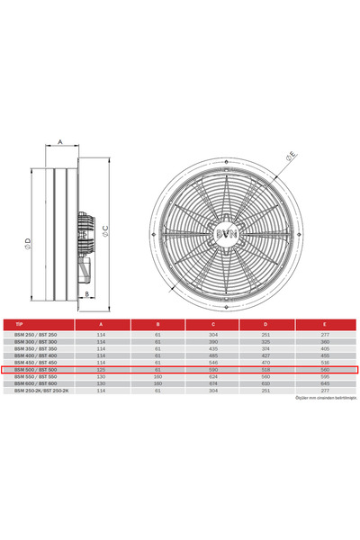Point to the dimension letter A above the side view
tap(58, 142)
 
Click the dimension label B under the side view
tap(85, 293)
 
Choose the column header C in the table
tap(214, 326)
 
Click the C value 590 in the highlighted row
tap(214, 369)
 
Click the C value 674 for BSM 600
tap(214, 383)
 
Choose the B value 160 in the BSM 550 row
tap(157, 376)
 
